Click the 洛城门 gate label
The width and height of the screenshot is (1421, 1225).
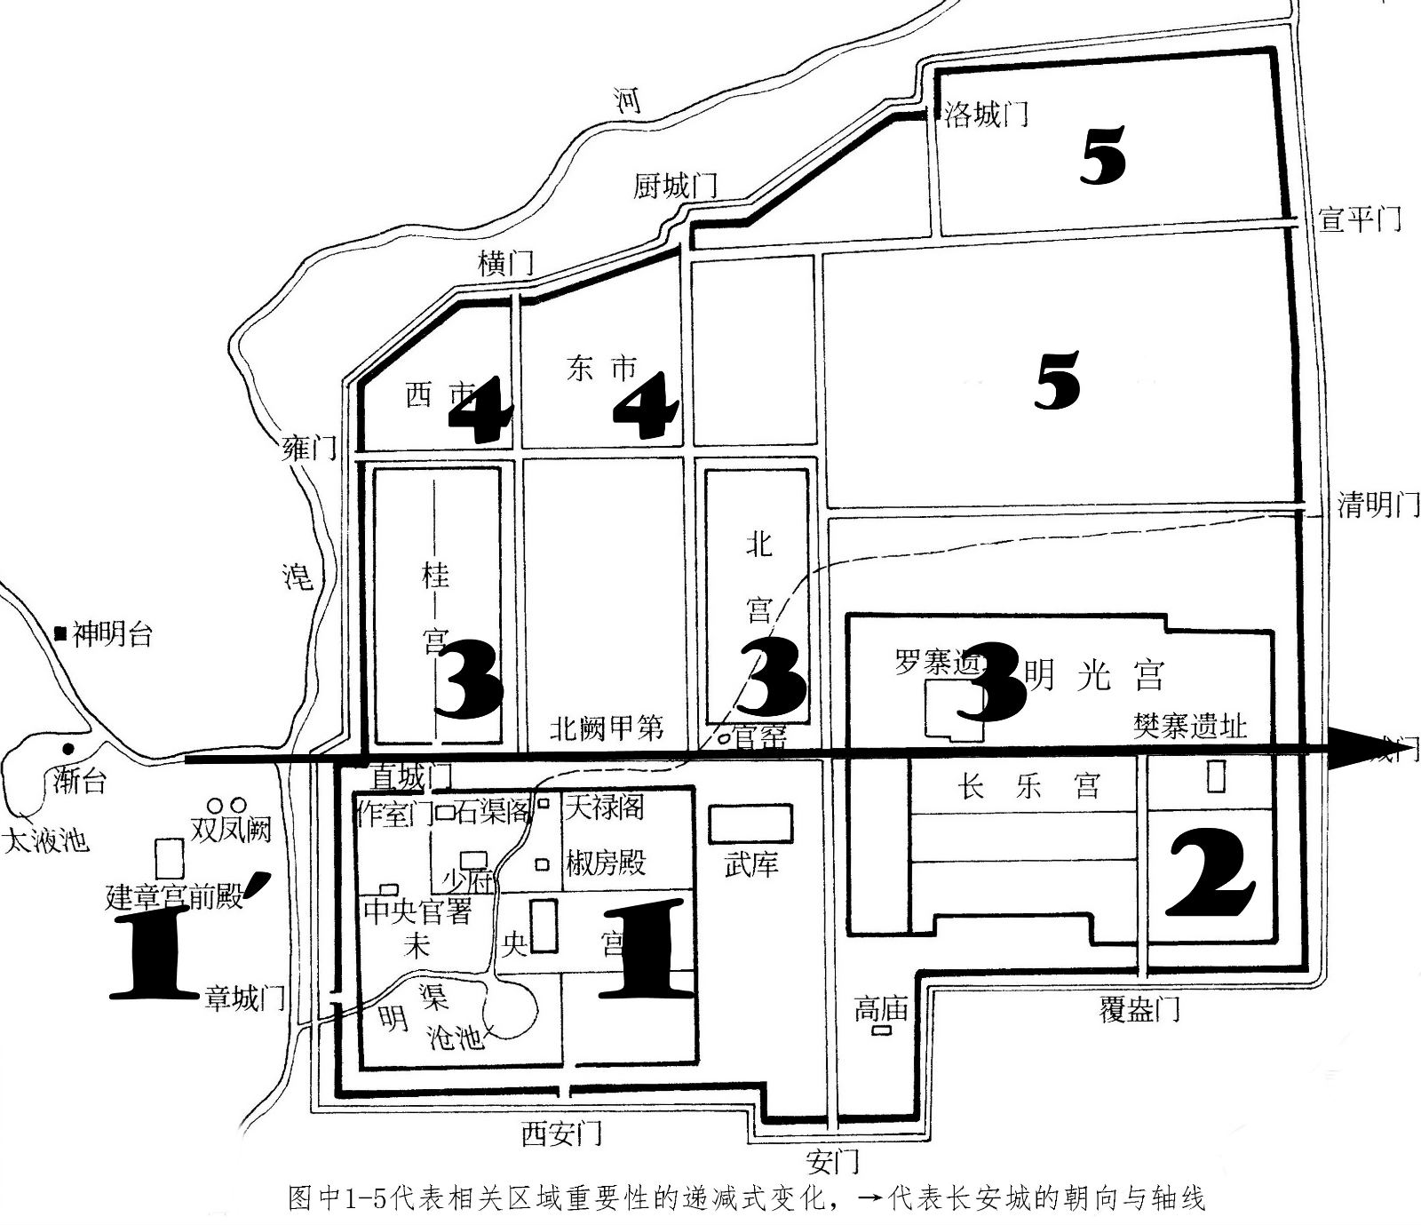986,115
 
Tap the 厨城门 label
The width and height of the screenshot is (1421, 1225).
675,187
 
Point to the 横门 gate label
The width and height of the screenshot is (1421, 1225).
505,262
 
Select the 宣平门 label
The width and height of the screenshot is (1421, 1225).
1360,218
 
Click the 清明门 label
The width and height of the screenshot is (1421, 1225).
1377,505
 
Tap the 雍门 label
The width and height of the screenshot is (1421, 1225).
309,447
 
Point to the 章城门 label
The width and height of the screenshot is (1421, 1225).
245,998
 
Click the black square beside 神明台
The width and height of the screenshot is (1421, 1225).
60,633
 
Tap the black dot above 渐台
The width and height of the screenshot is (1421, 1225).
68,748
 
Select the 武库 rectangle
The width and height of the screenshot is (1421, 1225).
750,824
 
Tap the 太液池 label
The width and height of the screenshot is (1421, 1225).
47,840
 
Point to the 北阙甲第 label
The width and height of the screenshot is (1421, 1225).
607,729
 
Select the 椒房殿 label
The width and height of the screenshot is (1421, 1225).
606,863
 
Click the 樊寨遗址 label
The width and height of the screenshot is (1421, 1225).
1190,727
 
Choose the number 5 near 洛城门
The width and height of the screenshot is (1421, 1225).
1103,156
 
